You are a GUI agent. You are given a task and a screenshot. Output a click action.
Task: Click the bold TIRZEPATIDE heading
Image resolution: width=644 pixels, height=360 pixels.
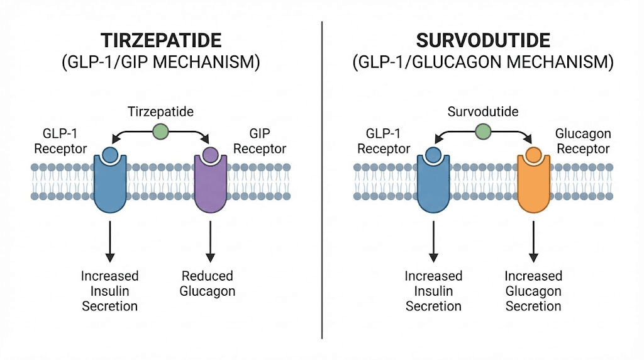[x=161, y=42]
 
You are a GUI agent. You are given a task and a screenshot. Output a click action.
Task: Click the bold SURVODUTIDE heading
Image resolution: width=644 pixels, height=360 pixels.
[x=483, y=42]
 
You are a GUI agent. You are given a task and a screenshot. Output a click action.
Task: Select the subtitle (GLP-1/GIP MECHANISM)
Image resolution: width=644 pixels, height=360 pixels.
[x=161, y=63]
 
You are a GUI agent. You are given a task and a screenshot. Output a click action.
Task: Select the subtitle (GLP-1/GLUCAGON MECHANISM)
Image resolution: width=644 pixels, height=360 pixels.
[x=483, y=63]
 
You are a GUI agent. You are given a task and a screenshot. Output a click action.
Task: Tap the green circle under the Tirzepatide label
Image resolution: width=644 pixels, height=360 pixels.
[x=160, y=132]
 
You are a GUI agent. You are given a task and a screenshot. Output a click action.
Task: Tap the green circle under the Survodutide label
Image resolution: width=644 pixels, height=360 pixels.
[x=483, y=132]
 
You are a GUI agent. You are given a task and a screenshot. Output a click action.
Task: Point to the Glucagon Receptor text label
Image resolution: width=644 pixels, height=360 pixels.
[x=583, y=142]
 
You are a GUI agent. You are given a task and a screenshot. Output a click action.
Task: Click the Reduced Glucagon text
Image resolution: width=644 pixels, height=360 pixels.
[x=208, y=283]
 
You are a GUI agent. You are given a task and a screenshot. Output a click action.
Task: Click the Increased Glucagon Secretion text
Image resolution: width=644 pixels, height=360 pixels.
[x=533, y=291]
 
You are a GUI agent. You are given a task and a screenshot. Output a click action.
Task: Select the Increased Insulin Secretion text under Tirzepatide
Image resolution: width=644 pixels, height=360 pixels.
[x=109, y=291]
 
